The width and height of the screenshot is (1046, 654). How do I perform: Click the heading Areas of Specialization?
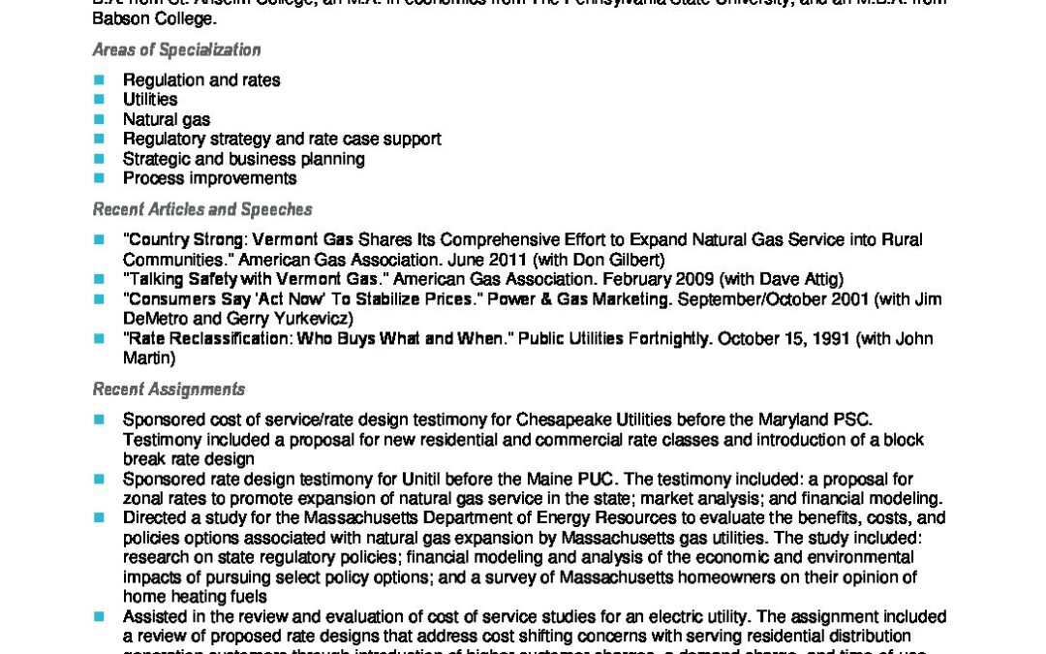click(x=176, y=50)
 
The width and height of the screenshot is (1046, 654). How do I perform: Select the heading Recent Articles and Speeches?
click(x=201, y=209)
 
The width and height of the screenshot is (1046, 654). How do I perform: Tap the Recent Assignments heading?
click(x=169, y=389)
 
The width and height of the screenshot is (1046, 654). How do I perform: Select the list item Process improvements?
click(x=209, y=178)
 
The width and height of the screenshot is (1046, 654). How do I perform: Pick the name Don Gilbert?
click(x=626, y=260)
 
